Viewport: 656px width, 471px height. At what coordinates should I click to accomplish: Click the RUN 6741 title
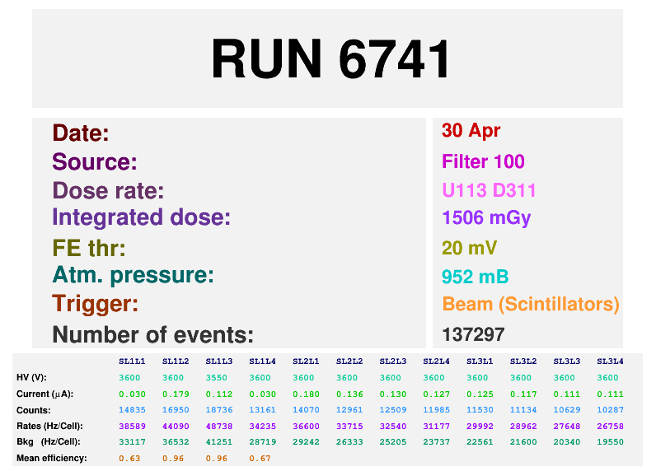(330, 59)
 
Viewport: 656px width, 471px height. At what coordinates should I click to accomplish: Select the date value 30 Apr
(471, 131)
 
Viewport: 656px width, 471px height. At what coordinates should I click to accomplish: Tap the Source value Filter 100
(483, 161)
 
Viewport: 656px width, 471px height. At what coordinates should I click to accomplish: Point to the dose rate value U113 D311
(489, 190)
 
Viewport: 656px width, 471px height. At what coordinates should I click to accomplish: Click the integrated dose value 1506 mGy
(486, 218)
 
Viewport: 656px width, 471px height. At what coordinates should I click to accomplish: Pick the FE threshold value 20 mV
(470, 248)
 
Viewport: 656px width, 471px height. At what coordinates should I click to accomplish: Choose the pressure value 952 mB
(475, 277)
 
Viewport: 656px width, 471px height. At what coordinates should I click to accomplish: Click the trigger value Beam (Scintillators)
(530, 304)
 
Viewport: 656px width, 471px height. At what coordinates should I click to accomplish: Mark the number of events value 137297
(473, 334)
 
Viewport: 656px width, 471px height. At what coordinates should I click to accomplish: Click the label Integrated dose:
(141, 218)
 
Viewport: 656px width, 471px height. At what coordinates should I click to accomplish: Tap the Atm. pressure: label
(133, 275)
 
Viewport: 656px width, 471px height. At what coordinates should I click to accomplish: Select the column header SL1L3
(219, 361)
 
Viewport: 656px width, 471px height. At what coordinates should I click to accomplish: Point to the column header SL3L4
(610, 361)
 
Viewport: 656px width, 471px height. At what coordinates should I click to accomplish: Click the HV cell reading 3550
(219, 377)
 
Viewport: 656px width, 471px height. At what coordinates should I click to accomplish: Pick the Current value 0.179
(176, 394)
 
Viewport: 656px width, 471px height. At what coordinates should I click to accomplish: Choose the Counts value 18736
(219, 409)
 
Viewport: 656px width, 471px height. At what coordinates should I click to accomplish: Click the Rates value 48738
(219, 426)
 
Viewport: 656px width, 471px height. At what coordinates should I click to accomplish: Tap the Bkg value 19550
(610, 441)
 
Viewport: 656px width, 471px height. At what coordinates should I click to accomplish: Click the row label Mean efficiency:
(51, 458)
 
